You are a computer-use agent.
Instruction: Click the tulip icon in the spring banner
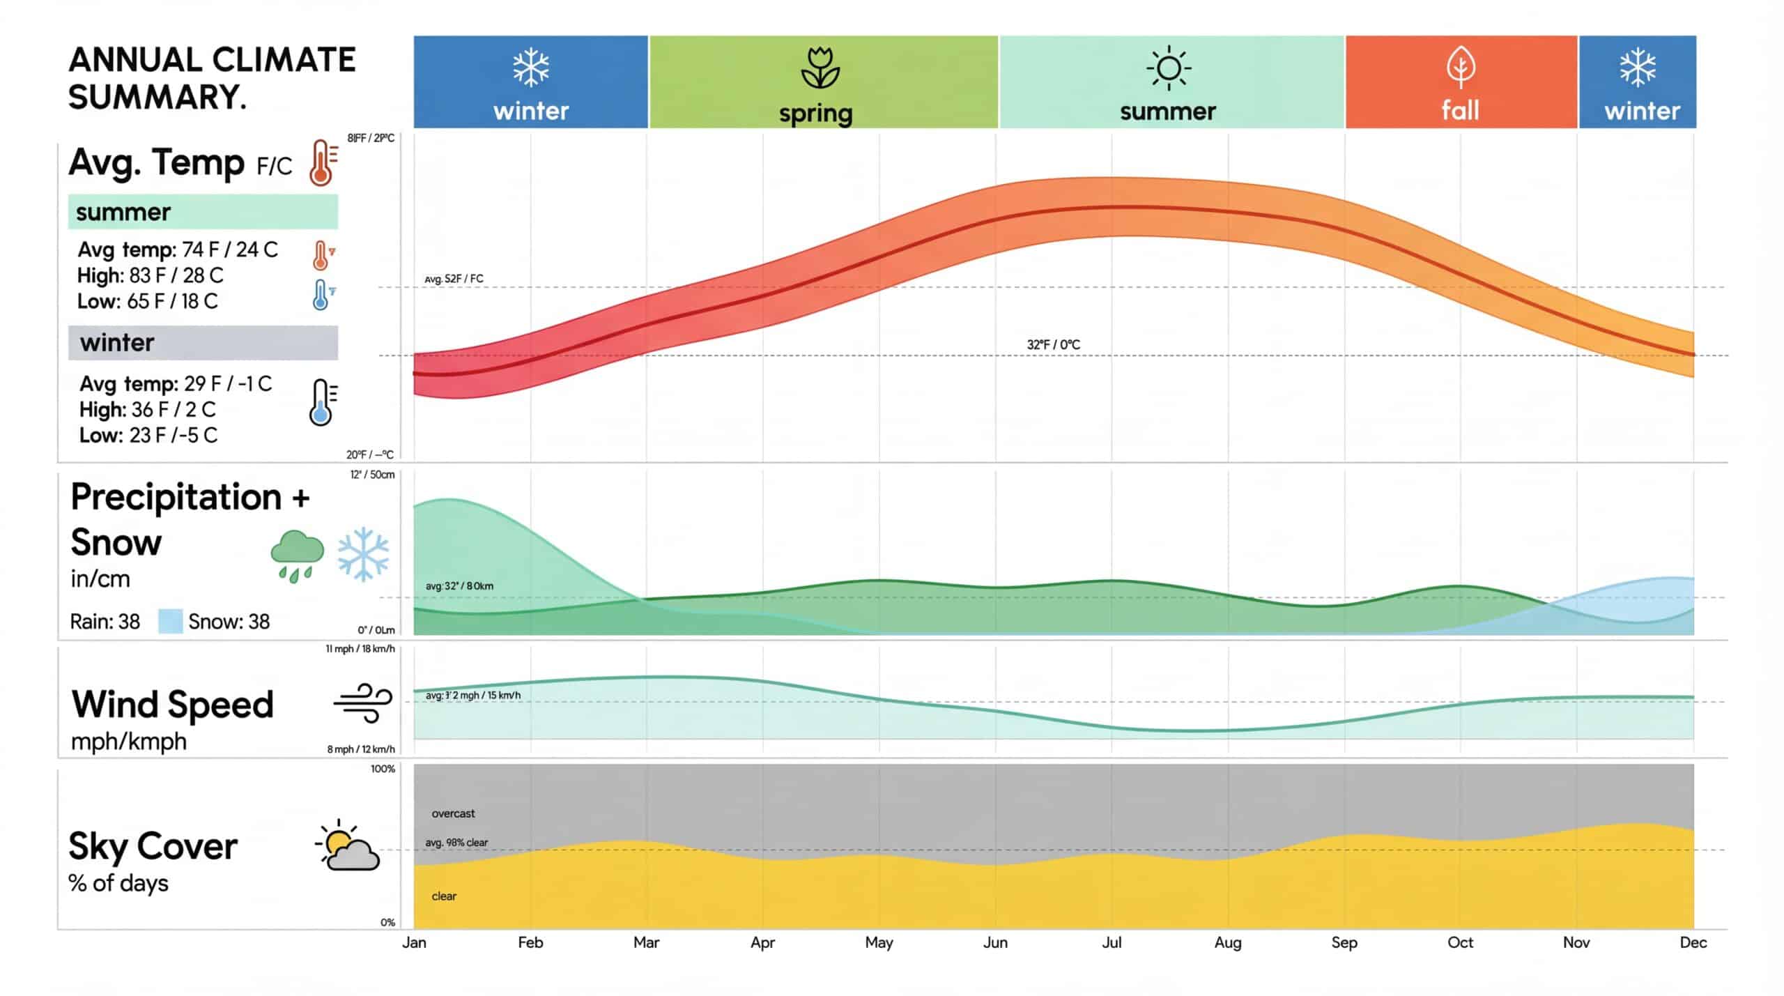click(820, 68)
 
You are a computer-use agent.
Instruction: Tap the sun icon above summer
click(1169, 68)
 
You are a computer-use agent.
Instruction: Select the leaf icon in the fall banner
click(1461, 68)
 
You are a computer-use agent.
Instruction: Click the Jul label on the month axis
click(1112, 942)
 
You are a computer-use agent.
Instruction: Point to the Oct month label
click(1460, 942)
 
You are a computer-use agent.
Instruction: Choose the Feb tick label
click(530, 942)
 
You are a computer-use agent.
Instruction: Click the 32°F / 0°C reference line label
click(1053, 344)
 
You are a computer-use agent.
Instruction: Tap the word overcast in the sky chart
click(453, 813)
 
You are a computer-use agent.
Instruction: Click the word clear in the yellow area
click(444, 896)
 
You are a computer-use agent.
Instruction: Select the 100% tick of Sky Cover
click(383, 769)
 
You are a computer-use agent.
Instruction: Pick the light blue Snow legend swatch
click(170, 621)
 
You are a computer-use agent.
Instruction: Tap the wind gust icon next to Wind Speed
click(363, 703)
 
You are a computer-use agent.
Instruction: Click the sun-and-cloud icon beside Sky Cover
click(348, 845)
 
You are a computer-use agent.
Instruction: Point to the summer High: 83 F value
click(151, 275)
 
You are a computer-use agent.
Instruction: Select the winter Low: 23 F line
click(148, 435)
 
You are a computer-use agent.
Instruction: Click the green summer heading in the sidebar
click(203, 212)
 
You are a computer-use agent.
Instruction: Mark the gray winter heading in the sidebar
click(203, 343)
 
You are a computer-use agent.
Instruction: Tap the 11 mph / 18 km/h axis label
click(360, 649)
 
